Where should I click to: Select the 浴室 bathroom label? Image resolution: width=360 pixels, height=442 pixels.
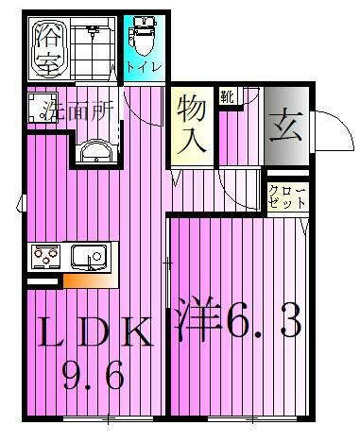click(x=47, y=50)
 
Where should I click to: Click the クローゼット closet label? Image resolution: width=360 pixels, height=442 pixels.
click(x=285, y=196)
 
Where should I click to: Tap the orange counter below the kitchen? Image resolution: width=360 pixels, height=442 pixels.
click(x=91, y=280)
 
